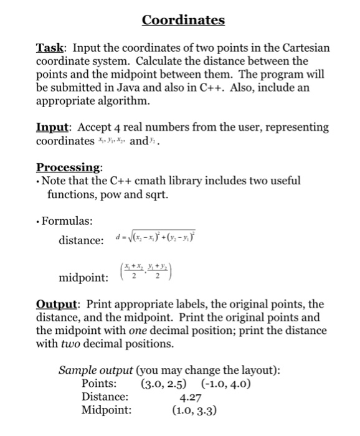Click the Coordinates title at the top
[x=183, y=21]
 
